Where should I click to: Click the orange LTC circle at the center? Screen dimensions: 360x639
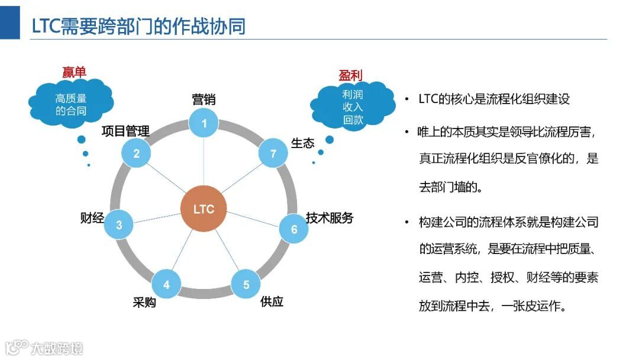(204, 209)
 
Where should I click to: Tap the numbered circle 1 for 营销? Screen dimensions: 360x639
(204, 123)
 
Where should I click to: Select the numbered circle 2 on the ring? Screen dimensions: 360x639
(137, 154)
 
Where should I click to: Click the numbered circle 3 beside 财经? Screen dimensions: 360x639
(119, 224)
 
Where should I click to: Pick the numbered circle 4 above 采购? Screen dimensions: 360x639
(166, 285)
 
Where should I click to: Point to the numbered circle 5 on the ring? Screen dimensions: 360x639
(246, 285)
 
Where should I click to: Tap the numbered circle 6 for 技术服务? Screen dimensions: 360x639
(293, 229)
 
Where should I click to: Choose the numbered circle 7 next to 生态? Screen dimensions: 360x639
(273, 154)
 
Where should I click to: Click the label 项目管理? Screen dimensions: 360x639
(125, 131)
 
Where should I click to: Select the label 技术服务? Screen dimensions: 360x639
(330, 218)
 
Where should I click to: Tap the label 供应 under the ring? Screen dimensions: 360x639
(272, 301)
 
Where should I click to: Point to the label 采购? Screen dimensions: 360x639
(144, 303)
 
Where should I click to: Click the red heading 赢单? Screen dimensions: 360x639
(74, 72)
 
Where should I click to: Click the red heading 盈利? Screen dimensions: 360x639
(350, 75)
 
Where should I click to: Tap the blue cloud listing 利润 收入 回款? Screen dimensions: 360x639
(353, 107)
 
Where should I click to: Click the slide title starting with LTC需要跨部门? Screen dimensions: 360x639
(138, 26)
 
